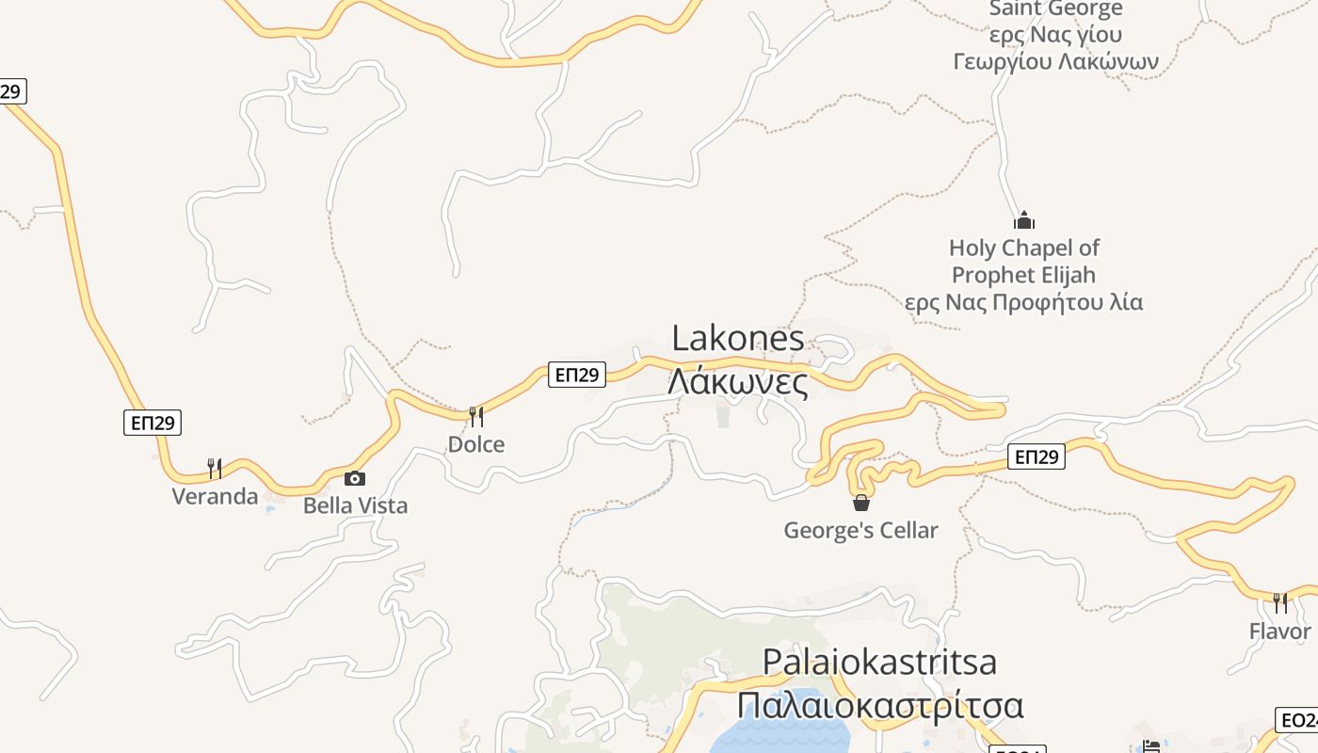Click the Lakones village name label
coord(738,339)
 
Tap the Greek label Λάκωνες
coord(738,382)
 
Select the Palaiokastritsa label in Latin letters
coord(879,661)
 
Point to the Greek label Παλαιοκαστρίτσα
coord(879,705)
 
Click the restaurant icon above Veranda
coord(215,468)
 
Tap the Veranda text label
coord(215,496)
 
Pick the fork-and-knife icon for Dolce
coord(476,416)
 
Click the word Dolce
coord(476,444)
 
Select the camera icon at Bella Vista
coord(355,478)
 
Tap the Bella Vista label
coord(355,505)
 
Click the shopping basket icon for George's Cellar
coord(861,503)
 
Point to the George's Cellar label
coord(861,530)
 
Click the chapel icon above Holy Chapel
coord(1024,221)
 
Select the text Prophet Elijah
coord(1024,275)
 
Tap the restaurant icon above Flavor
coord(1280,602)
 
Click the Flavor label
coord(1280,631)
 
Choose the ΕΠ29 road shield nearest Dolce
coord(577,375)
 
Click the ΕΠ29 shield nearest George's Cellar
coord(1037,457)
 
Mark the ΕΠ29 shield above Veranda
coord(153,423)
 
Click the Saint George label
coord(1055,9)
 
